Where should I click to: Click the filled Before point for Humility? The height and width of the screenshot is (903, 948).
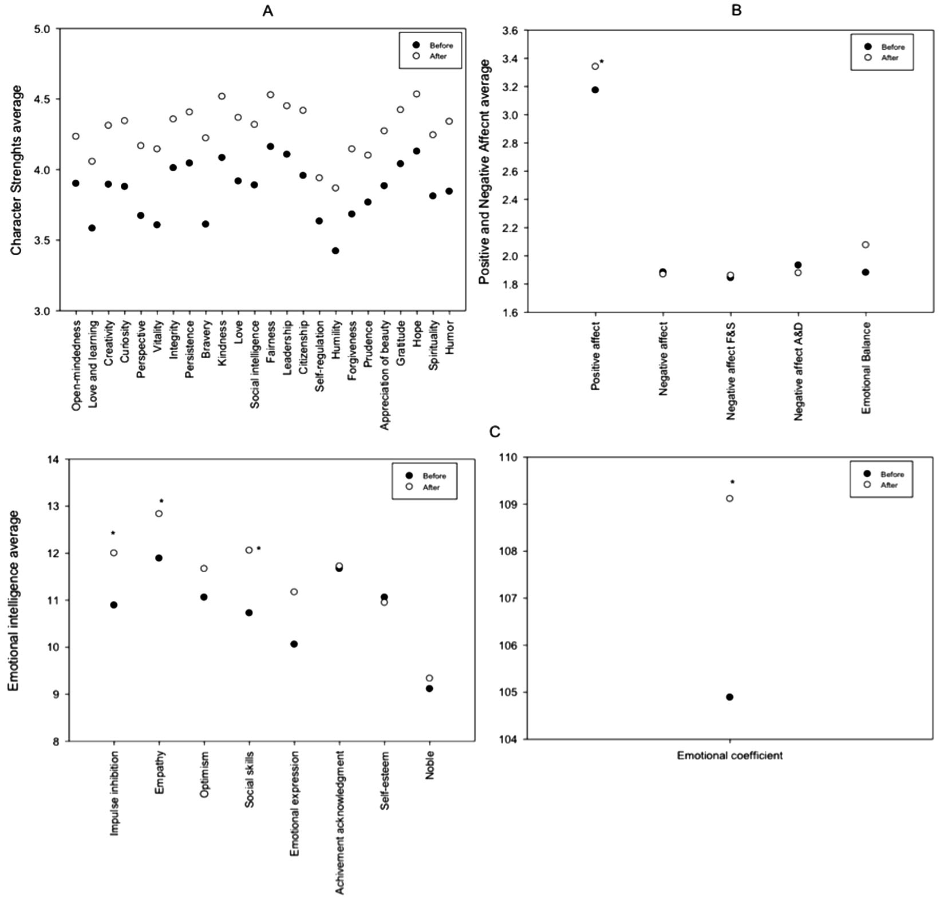(335, 251)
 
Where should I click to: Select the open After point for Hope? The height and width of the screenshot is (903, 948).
(417, 94)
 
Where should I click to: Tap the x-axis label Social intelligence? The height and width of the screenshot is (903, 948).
(255, 364)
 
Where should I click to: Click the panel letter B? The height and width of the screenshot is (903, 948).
(736, 10)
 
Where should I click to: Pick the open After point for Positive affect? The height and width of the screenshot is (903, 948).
(595, 66)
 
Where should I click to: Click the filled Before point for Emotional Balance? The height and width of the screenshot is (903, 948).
(866, 272)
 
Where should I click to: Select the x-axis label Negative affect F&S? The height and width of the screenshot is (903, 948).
(731, 371)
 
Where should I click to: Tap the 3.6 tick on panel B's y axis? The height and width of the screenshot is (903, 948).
(509, 31)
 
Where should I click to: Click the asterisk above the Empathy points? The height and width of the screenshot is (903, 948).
(161, 501)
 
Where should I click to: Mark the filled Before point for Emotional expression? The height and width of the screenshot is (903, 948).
(294, 644)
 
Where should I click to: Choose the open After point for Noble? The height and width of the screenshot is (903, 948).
(429, 678)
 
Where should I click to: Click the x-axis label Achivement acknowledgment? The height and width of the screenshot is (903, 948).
(340, 822)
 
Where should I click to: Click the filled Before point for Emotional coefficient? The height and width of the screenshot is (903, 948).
(730, 697)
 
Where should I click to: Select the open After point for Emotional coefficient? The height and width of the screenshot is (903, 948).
(730, 498)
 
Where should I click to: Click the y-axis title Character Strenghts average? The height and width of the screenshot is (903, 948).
(16, 170)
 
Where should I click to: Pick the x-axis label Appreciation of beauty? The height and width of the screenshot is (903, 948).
(385, 375)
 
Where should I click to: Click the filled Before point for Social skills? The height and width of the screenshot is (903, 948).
(249, 613)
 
